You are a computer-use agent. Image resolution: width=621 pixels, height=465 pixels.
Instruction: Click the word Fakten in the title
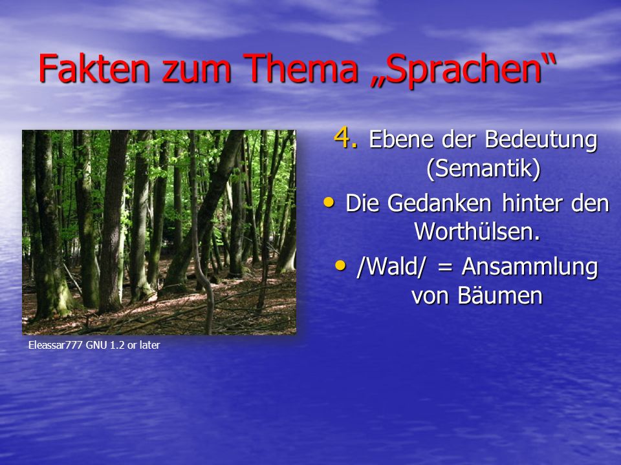pyautogui.click(x=94, y=68)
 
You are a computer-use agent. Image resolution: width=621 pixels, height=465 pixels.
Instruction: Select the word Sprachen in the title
pyautogui.click(x=463, y=70)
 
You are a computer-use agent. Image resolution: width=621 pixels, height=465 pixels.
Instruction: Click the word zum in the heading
pyautogui.click(x=197, y=71)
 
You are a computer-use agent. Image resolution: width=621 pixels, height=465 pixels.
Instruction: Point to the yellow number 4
pyautogui.click(x=345, y=138)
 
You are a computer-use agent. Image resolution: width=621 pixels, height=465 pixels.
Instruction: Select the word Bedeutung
pyautogui.click(x=541, y=140)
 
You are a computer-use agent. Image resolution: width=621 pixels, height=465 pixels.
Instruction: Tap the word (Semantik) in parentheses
pyautogui.click(x=484, y=169)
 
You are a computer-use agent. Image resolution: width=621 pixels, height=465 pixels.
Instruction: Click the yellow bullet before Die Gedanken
pyautogui.click(x=329, y=202)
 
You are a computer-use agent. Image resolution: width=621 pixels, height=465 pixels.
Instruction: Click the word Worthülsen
pyautogui.click(x=477, y=231)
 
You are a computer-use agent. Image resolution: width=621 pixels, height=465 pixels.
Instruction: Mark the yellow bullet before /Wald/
pyautogui.click(x=340, y=265)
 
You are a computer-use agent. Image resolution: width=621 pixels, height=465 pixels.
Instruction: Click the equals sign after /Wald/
pyautogui.click(x=445, y=268)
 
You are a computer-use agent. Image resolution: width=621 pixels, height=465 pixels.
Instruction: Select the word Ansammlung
pyautogui.click(x=530, y=267)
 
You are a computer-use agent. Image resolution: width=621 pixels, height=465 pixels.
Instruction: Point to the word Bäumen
pyautogui.click(x=500, y=295)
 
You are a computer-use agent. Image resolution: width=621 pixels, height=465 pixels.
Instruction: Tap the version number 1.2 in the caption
pyautogui.click(x=117, y=345)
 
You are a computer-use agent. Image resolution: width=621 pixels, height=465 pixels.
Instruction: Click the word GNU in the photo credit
pyautogui.click(x=96, y=345)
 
